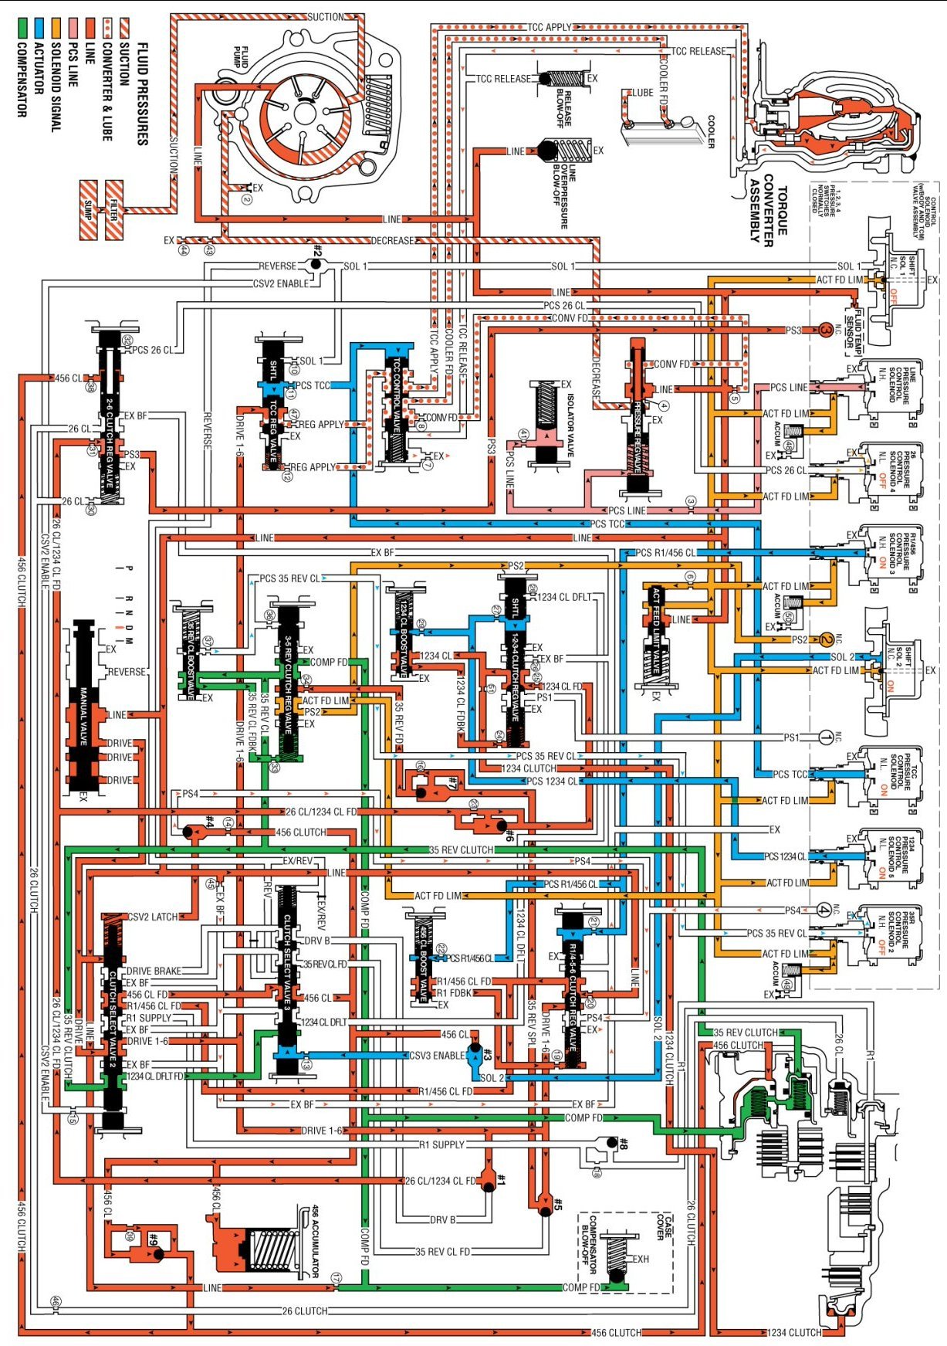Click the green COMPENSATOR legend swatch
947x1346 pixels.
22,29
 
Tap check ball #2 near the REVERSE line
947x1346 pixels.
315,265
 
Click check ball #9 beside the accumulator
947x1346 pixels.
158,1254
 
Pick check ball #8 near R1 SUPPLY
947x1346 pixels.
611,1142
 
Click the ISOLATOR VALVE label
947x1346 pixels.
570,425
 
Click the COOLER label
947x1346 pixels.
711,132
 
